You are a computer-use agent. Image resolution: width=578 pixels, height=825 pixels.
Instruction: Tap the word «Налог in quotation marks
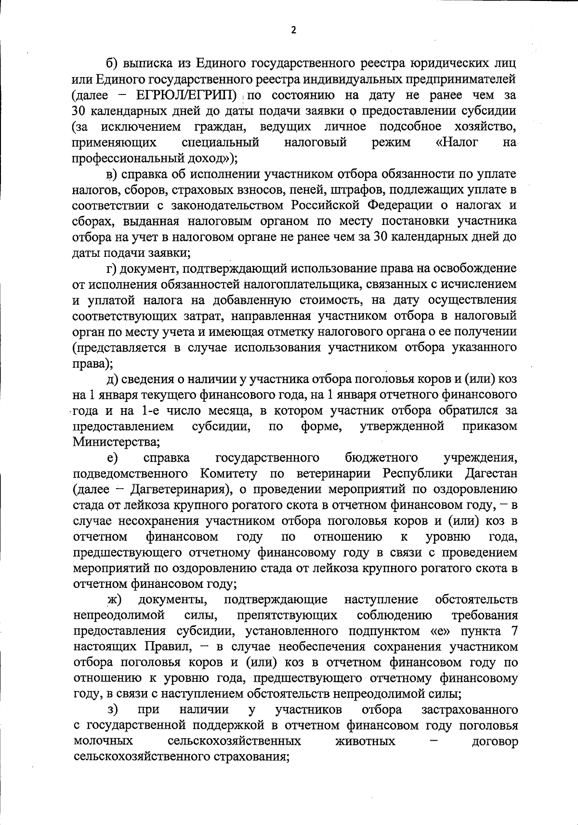pos(456,142)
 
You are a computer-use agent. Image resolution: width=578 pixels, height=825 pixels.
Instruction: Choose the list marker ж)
pos(114,599)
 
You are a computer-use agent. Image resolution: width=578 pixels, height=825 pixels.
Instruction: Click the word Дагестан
pos(491,473)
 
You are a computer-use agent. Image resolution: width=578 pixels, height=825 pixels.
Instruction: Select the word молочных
pos(104,741)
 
